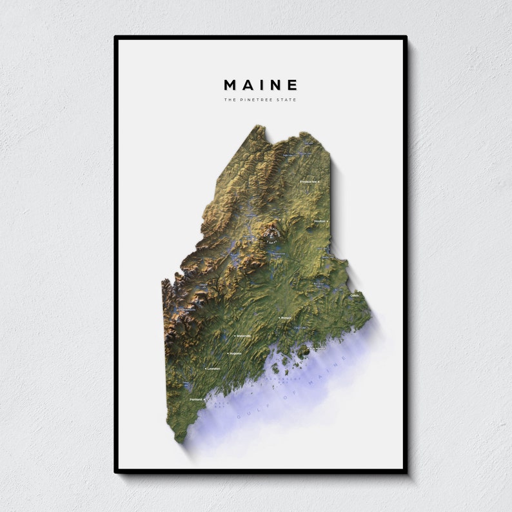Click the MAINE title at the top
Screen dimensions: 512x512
(x=261, y=85)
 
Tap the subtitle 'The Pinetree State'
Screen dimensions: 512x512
(x=261, y=100)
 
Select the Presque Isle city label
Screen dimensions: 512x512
(x=308, y=182)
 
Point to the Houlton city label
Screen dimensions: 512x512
(x=319, y=221)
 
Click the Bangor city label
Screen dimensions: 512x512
(x=286, y=318)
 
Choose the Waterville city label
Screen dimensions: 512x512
(x=244, y=336)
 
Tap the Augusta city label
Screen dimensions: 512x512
(x=235, y=354)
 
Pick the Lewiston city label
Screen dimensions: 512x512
(x=213, y=369)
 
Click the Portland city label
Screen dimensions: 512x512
(x=196, y=400)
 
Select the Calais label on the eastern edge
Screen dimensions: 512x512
(x=354, y=295)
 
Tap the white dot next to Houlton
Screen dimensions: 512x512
(x=328, y=221)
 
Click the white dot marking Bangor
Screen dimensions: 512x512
(x=279, y=318)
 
